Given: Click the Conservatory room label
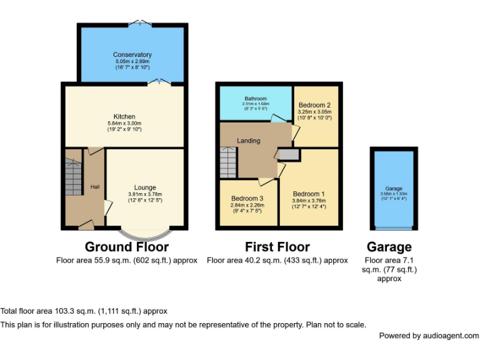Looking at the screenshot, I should coord(132,55).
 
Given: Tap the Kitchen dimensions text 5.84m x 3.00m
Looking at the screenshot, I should coord(124,123).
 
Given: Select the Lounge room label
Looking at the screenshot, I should coord(145,187).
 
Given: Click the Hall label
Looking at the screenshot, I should coord(94,186).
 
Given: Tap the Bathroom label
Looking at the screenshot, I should coord(256,99).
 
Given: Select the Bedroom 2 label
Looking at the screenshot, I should coord(314,104).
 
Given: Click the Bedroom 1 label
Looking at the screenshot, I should coord(309,194).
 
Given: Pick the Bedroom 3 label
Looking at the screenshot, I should coord(247,198).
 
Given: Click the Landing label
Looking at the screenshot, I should coord(248,141).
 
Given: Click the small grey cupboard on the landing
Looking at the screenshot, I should coord(288,154).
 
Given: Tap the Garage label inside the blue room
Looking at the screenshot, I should coord(394,189).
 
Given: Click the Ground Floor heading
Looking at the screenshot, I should coord(126,247).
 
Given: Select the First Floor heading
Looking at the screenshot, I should coord(277,247).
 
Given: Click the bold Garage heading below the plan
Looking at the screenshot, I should coord(389,247).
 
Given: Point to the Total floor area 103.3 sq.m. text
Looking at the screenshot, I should coord(84,311).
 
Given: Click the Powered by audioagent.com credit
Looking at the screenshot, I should coord(429,336).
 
